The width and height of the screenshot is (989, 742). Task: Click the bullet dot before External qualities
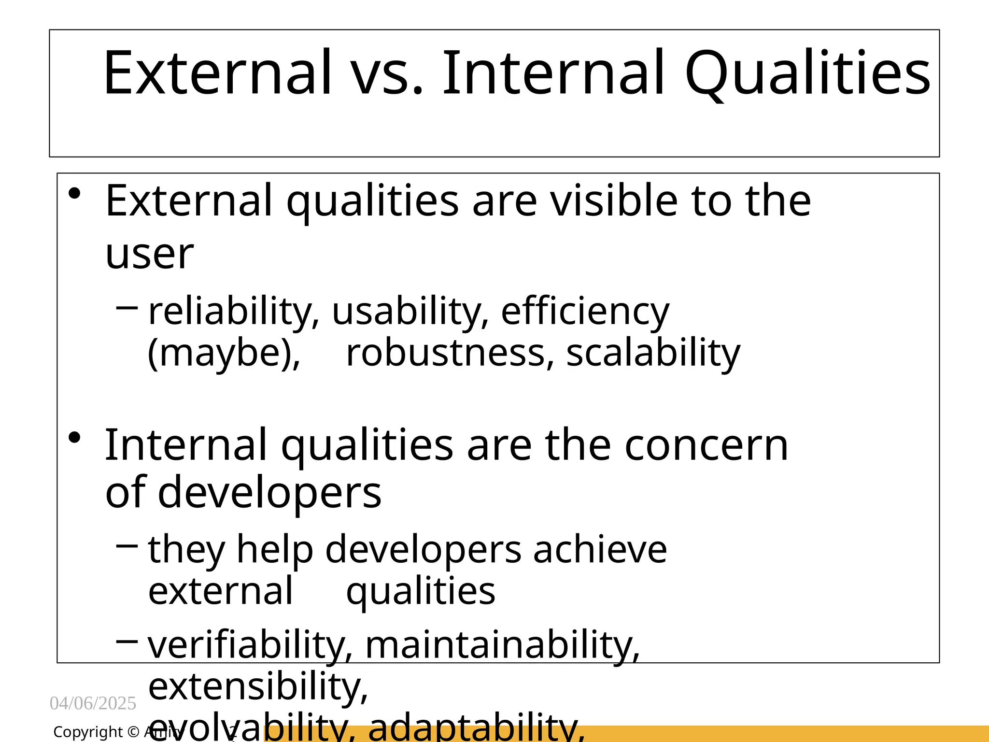[x=74, y=194]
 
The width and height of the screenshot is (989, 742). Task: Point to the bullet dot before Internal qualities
[x=74, y=438]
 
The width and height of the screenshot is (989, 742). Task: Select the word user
[x=149, y=255]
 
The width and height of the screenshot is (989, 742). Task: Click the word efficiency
[x=585, y=312]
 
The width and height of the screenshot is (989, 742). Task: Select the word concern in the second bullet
[x=706, y=445]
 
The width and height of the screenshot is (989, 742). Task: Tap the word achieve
[x=600, y=549]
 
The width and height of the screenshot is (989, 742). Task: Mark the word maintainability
[x=502, y=645]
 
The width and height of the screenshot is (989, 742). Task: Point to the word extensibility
[x=258, y=686]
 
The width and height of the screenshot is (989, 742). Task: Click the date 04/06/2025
[x=93, y=703]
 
